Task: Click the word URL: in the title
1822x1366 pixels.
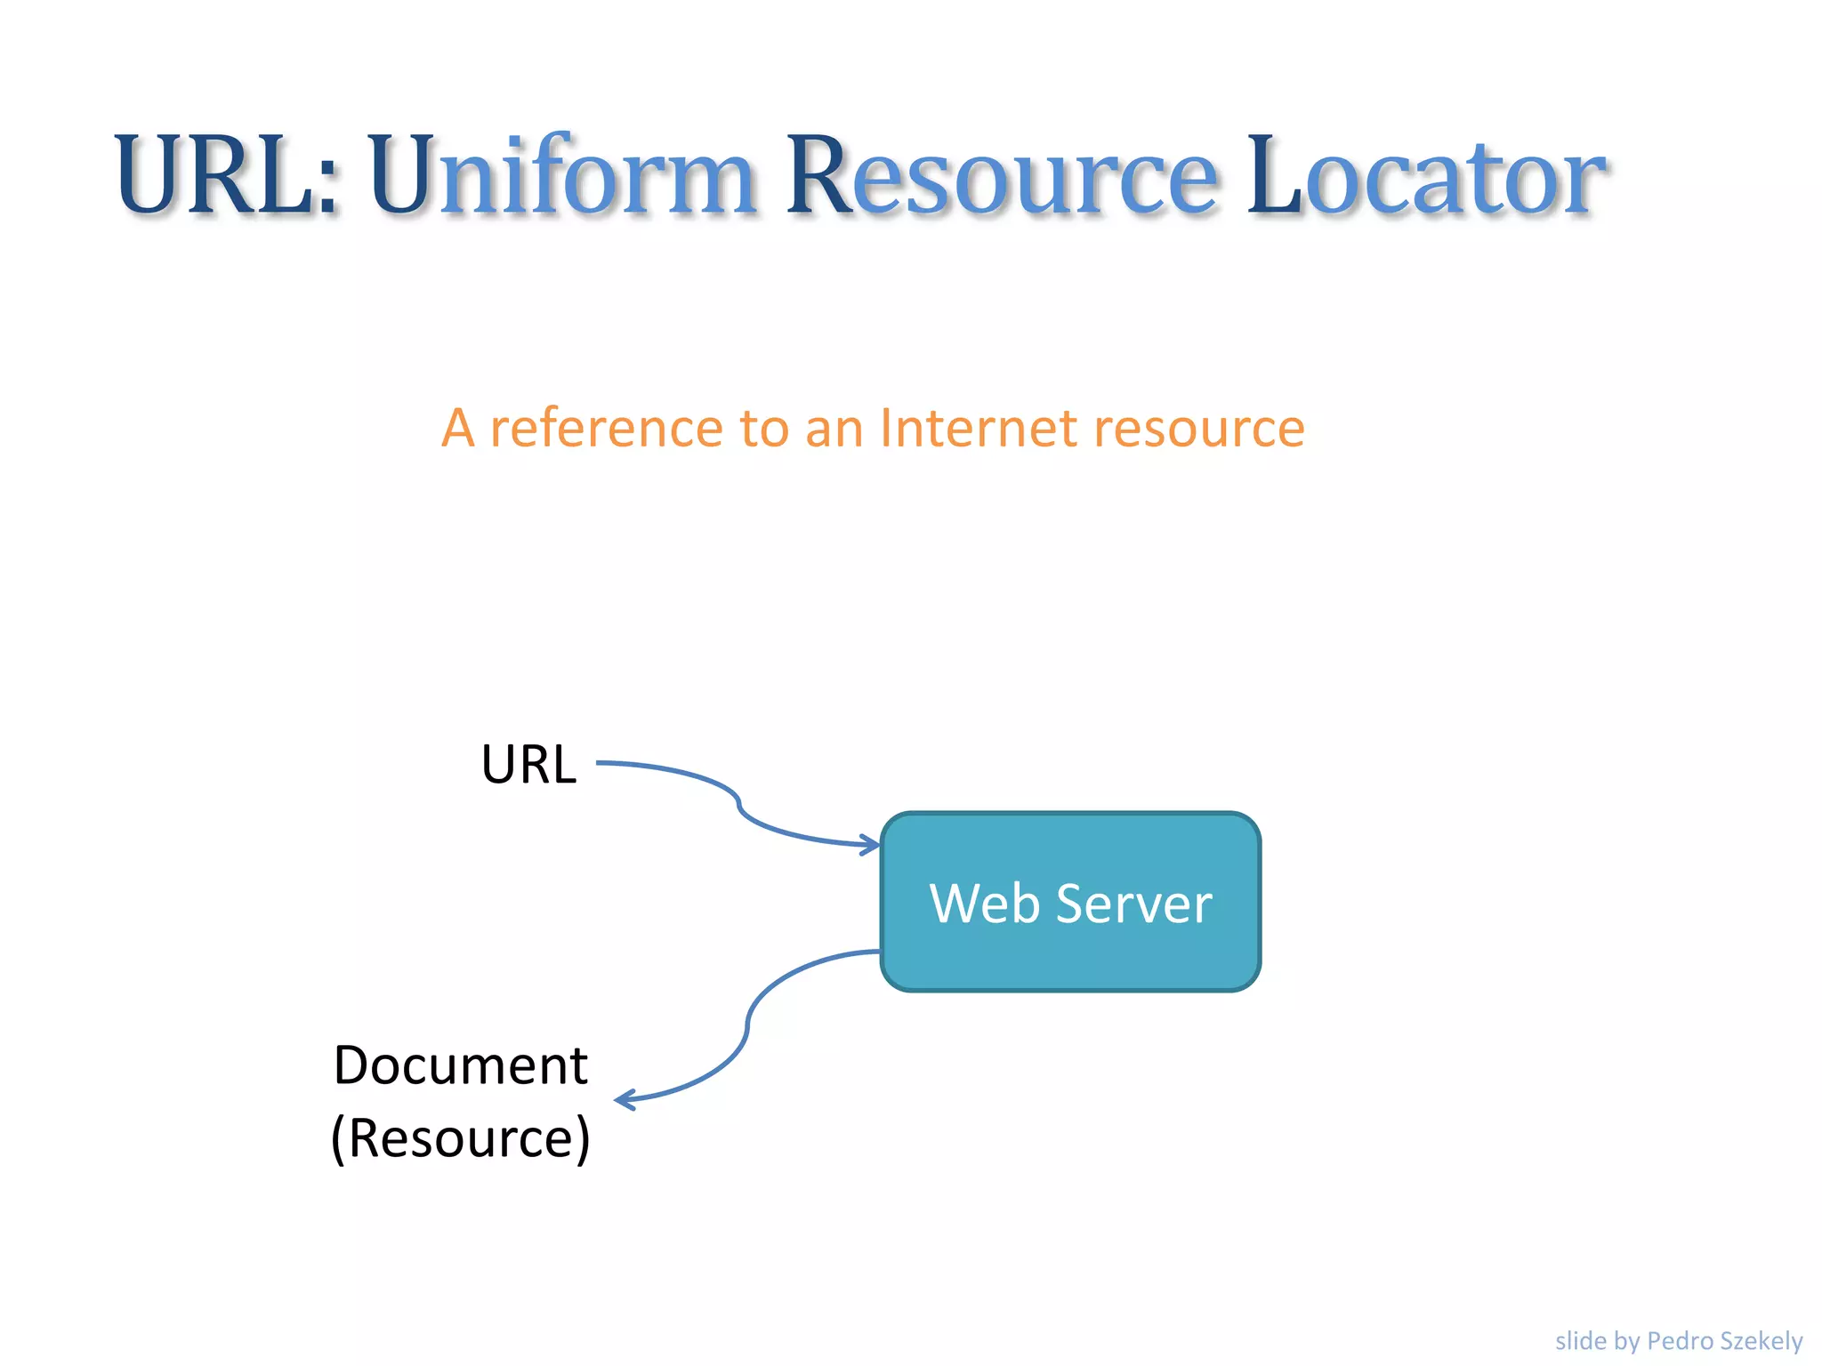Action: [x=226, y=174]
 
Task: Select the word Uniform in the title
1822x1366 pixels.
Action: [x=562, y=174]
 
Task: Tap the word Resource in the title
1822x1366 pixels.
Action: [x=1001, y=174]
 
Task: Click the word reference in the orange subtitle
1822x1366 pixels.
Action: [x=607, y=428]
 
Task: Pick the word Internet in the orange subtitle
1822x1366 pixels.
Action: [x=978, y=428]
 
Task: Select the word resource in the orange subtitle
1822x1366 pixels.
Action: [x=1198, y=428]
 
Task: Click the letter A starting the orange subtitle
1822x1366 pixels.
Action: [x=458, y=428]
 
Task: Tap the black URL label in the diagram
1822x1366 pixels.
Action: [x=528, y=764]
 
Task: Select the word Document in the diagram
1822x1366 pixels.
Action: [x=460, y=1065]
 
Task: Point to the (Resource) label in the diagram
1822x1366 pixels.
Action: [x=460, y=1137]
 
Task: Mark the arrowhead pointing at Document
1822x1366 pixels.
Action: [x=624, y=1101]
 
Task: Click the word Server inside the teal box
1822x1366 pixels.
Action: [x=1133, y=904]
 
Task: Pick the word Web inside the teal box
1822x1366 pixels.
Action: [x=984, y=904]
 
